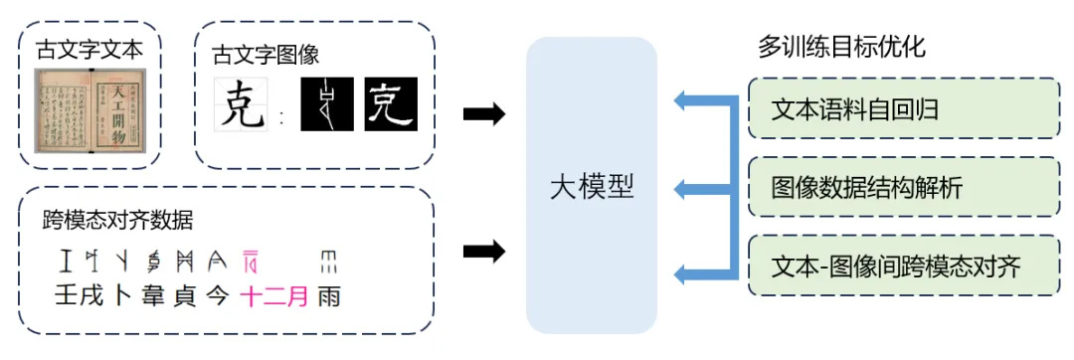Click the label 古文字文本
tap(89, 50)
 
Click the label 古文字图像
tap(266, 56)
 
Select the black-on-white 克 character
tap(243, 105)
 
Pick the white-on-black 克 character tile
tap(391, 104)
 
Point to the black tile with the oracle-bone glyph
tap(327, 104)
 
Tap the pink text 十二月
tap(275, 295)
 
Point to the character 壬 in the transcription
tap(66, 295)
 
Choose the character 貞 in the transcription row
tap(182, 295)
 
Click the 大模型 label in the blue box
tap(592, 187)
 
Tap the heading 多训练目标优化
tap(842, 48)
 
